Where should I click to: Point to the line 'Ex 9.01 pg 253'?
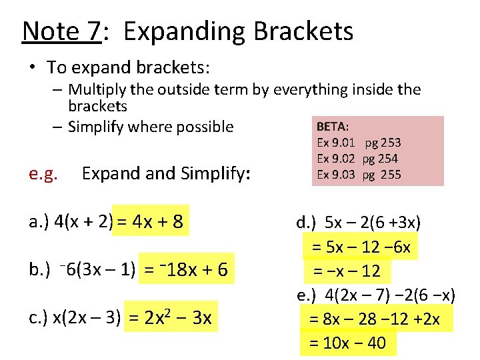[359, 142]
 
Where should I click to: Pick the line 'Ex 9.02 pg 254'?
[357, 159]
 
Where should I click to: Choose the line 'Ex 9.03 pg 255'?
[359, 175]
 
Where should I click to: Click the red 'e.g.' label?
[44, 175]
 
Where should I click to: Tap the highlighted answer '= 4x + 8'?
[151, 221]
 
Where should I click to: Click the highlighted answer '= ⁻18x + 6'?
[186, 269]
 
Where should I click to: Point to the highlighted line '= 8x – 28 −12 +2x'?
[375, 319]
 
